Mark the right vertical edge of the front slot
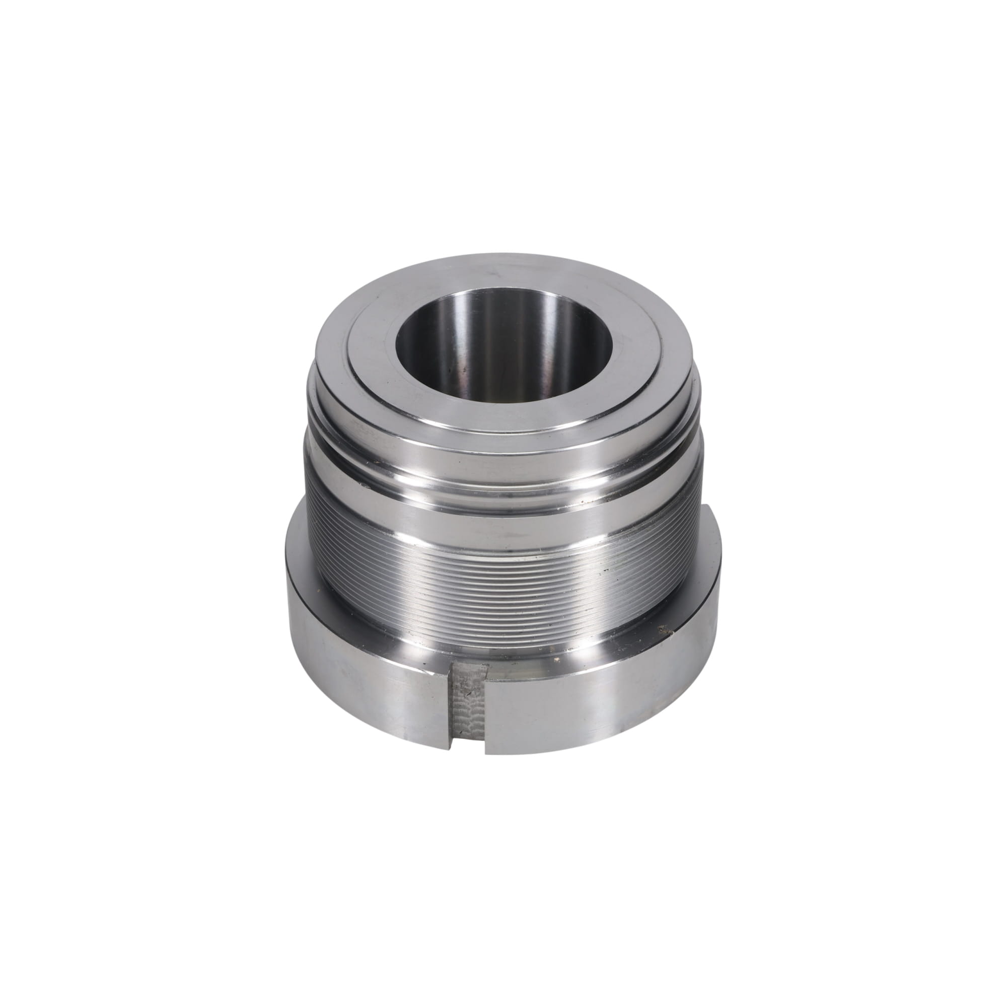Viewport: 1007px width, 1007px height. pyautogui.click(x=486, y=709)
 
